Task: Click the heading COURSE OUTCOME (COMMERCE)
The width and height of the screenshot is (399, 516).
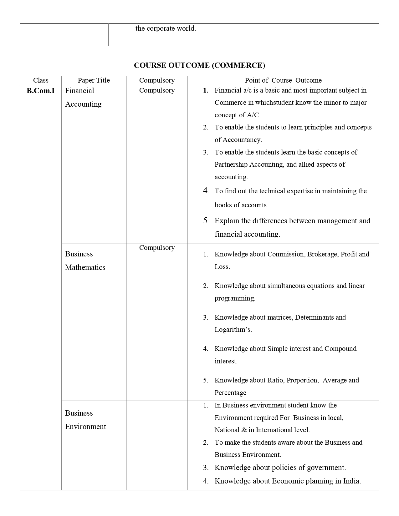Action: pos(199,65)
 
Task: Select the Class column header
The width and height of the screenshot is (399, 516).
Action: pos(41,80)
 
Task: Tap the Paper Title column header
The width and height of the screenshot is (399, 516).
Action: pos(94,80)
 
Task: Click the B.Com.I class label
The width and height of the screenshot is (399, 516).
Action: pos(41,91)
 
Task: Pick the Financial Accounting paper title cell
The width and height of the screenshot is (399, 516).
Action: pos(83,97)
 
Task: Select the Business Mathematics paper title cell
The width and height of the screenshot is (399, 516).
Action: pos(85,261)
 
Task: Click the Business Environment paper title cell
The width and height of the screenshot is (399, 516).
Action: pos(85,420)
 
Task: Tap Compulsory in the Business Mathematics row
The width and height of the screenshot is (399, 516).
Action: pos(157,248)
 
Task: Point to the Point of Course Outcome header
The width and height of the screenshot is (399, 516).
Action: pos(283,80)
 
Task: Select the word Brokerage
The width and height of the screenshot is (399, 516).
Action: pos(322,254)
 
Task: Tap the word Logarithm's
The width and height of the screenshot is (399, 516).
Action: pos(233,330)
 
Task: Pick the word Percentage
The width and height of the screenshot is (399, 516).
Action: pos(230,393)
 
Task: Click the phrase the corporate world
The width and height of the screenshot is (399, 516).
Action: pos(166,28)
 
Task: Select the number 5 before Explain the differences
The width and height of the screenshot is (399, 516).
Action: pos(206,221)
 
